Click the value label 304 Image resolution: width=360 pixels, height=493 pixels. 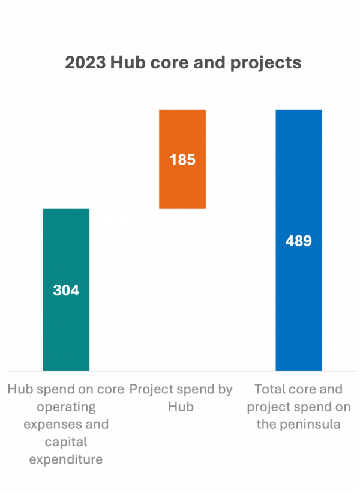coord(66,291)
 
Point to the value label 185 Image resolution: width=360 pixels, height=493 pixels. coord(182,160)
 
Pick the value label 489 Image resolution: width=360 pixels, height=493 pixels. coord(299,241)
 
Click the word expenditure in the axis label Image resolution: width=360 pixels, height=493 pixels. coord(66,461)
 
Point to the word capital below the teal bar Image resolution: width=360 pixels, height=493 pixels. coord(66,443)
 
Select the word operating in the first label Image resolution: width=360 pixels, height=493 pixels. coord(66,407)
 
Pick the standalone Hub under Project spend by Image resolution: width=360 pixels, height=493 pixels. coord(181,407)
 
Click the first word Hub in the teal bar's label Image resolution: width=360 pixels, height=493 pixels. coord(19,389)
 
